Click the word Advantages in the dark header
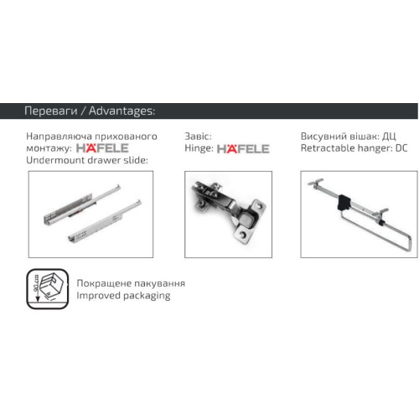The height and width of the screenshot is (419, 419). pos(122,111)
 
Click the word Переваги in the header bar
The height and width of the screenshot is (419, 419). pos(51,111)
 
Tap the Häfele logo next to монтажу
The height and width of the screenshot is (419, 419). pos(102,147)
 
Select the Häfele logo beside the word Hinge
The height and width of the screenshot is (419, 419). pos(243,148)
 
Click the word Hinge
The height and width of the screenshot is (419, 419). pos(198,148)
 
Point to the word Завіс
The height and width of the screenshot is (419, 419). pos(198,137)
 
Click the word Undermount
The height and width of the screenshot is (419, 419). pos(56,160)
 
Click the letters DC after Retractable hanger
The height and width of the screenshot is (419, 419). pos(401,148)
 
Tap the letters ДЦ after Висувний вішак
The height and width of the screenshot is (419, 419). pos(389,137)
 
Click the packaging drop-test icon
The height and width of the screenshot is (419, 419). pos(48,289)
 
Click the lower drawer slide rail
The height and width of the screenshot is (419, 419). pos(105,220)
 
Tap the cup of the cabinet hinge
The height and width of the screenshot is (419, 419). pos(249,222)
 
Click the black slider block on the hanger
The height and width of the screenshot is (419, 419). pos(344,202)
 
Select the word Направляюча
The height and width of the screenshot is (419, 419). pos(59,137)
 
